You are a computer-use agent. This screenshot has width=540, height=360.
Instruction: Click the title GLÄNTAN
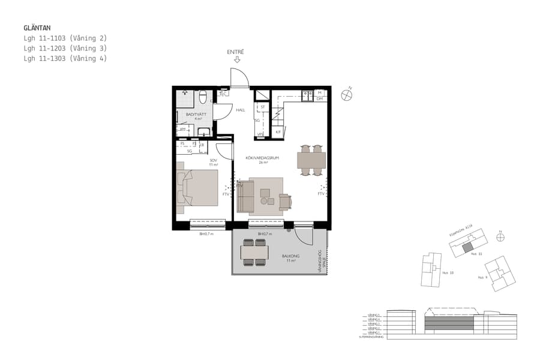tap(37, 28)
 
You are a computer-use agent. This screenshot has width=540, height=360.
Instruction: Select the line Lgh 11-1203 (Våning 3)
tap(65, 48)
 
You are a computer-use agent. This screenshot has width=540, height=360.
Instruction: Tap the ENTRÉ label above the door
tap(235, 52)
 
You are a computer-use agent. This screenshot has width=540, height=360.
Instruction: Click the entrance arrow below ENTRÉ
tap(237, 60)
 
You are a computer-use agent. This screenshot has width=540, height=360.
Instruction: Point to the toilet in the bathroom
tap(203, 97)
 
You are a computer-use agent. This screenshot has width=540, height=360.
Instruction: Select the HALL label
tap(241, 110)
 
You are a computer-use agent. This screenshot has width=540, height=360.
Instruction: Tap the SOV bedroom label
tap(213, 160)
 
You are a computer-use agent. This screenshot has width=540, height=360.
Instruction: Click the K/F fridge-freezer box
tap(278, 131)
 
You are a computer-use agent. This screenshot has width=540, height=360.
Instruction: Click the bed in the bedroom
tap(197, 187)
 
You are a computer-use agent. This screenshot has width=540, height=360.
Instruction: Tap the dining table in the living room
tap(311, 160)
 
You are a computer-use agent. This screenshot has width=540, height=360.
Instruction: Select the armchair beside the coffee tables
tap(285, 202)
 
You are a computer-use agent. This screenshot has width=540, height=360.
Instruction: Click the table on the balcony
tap(254, 252)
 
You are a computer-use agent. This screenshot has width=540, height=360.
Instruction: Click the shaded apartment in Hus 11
tap(467, 247)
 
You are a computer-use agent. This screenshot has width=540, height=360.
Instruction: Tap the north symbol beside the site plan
tap(500, 237)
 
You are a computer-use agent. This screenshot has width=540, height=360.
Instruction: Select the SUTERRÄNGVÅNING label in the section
tap(371, 337)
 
